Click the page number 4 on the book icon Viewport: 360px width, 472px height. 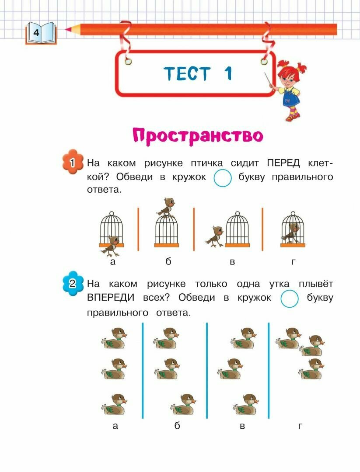click(36, 33)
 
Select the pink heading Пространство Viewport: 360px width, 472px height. click(198, 136)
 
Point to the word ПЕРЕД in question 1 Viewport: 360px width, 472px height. click(283, 163)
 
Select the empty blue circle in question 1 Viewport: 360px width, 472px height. click(223, 177)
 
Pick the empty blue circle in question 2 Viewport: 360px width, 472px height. click(289, 298)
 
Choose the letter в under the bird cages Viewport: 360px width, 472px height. click(232, 262)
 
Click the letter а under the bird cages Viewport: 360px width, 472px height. click(113, 262)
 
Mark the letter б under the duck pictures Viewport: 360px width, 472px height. click(177, 426)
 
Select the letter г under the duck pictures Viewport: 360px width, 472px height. click(300, 426)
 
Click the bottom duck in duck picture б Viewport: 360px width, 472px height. click(183, 404)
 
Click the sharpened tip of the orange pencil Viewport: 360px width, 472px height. click(67, 30)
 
